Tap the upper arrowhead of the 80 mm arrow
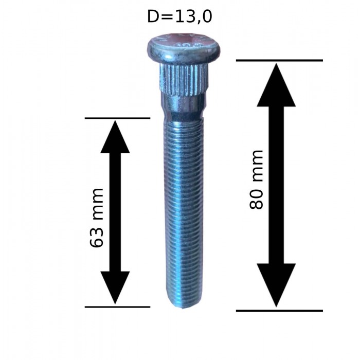click(x=276, y=85)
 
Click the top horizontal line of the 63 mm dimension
click(x=117, y=118)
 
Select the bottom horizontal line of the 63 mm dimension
click(x=117, y=307)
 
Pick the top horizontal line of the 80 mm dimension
click(x=279, y=61)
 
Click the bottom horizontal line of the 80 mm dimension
click(x=279, y=311)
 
